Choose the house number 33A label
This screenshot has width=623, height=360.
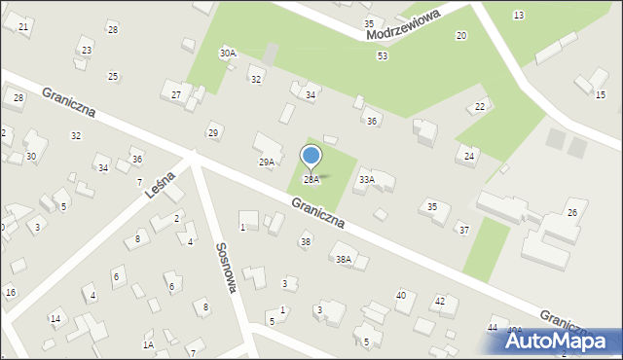367,179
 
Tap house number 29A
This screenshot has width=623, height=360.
267,162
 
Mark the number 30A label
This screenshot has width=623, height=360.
228,53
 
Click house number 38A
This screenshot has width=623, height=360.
344,259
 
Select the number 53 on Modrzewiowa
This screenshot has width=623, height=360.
383,56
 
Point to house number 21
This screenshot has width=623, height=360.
23,27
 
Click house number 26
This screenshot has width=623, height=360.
572,212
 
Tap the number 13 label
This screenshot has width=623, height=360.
519,15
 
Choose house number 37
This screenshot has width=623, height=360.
464,230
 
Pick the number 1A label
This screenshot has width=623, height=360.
148,344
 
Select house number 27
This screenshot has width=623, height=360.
176,94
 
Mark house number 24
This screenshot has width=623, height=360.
469,156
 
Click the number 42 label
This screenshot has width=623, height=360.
440,302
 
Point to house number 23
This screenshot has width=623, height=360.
87,51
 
